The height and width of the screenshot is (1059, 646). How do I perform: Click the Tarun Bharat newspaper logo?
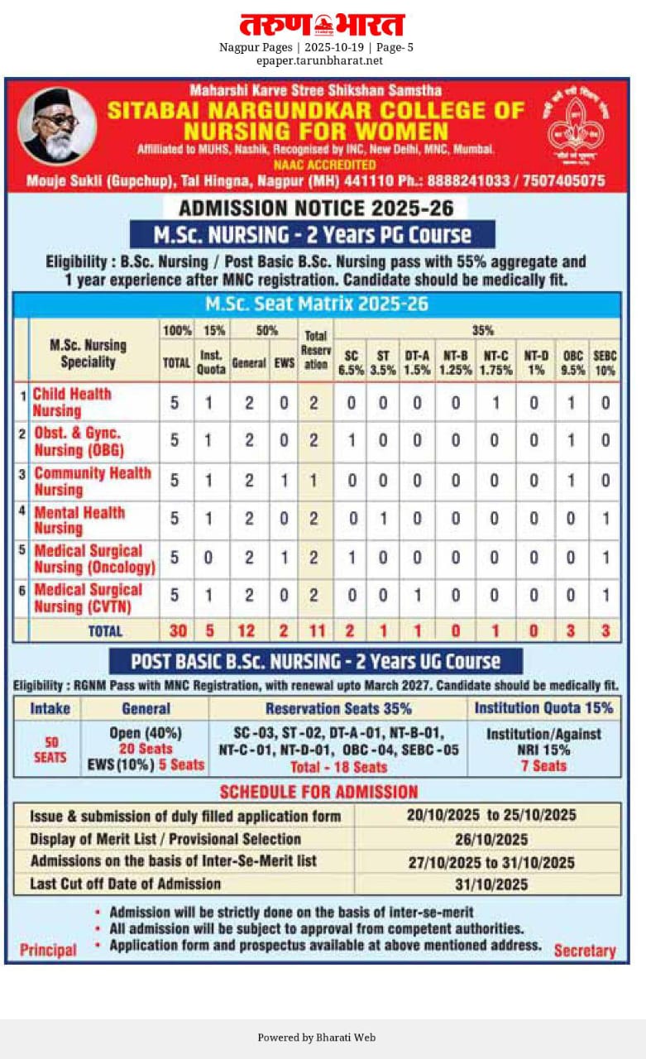(x=323, y=24)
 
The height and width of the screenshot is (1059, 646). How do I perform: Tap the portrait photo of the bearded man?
(x=56, y=126)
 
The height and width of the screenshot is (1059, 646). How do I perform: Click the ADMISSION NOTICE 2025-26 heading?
(x=314, y=207)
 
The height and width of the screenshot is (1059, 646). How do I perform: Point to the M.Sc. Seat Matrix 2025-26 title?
(x=316, y=304)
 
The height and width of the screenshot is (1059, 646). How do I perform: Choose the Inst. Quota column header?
(x=211, y=362)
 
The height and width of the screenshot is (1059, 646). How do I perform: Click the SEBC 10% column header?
(x=605, y=362)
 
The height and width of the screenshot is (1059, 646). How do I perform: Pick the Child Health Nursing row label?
(x=72, y=402)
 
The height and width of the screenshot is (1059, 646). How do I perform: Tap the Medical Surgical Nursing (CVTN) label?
(x=88, y=598)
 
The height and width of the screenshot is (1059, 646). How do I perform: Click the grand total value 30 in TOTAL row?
(x=176, y=630)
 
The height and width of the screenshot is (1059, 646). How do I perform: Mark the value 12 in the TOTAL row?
(x=248, y=630)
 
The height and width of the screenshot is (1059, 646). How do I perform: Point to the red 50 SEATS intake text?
(x=50, y=750)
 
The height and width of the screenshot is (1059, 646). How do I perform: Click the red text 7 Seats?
(x=543, y=765)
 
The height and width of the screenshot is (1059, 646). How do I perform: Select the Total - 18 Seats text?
(x=337, y=767)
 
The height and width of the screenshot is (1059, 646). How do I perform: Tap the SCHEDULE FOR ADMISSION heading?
(x=318, y=791)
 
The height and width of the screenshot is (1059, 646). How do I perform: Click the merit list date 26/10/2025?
(x=490, y=839)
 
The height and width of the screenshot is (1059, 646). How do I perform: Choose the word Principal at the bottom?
(x=48, y=950)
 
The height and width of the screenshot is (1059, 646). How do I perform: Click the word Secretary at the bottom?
(x=585, y=951)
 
